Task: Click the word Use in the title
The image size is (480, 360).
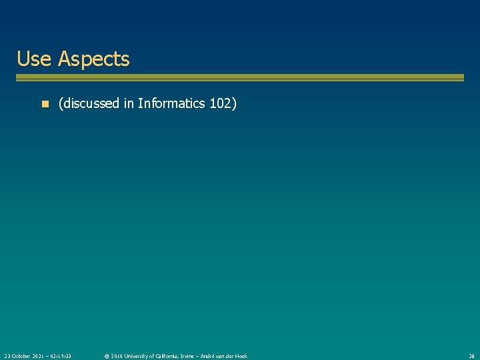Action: pos(34,59)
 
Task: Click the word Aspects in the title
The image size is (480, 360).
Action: pos(93,59)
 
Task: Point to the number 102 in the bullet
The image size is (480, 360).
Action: pos(221,103)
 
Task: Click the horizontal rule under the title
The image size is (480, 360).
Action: pos(240,78)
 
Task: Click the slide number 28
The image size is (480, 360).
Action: pos(471,356)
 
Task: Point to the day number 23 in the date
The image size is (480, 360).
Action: pos(7,356)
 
